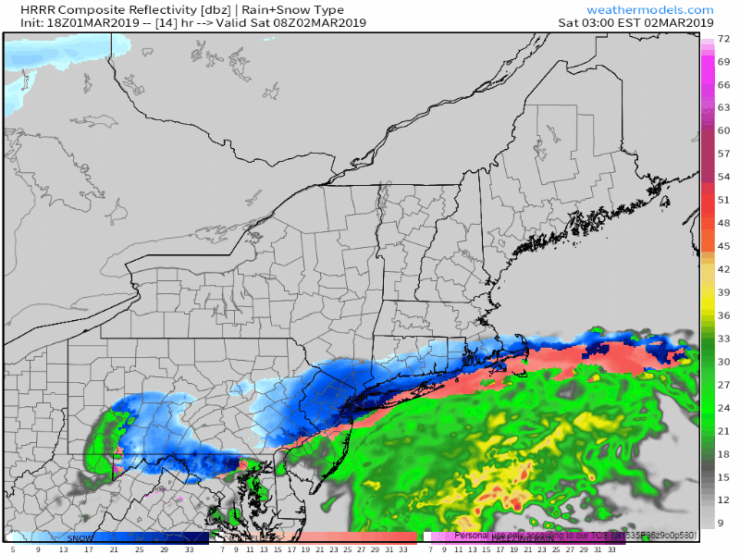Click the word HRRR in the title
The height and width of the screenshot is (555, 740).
[x=25, y=9]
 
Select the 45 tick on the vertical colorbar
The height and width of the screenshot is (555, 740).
[x=724, y=246]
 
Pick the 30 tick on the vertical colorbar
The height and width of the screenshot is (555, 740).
[x=724, y=362]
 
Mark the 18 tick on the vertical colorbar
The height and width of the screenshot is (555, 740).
[x=724, y=454]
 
